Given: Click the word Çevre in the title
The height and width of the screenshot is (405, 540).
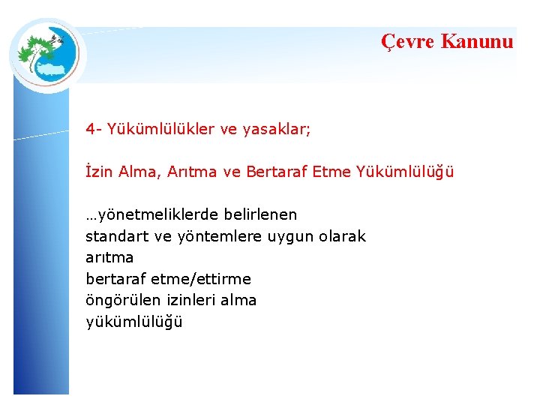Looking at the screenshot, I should click(407, 41).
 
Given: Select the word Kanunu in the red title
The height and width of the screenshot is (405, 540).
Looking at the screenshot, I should click(477, 41).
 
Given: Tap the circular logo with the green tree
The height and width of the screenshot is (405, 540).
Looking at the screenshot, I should click(47, 53).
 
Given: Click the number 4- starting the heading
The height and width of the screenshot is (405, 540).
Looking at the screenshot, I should click(94, 129).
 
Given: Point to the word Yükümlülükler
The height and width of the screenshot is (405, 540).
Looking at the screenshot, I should click(160, 129).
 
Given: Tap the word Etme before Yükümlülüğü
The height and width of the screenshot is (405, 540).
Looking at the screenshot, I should click(329, 172).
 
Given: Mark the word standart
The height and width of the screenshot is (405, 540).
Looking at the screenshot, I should click(117, 236).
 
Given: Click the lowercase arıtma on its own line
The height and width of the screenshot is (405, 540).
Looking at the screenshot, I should click(109, 257).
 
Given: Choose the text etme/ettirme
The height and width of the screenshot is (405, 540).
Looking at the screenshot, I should click(201, 279).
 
